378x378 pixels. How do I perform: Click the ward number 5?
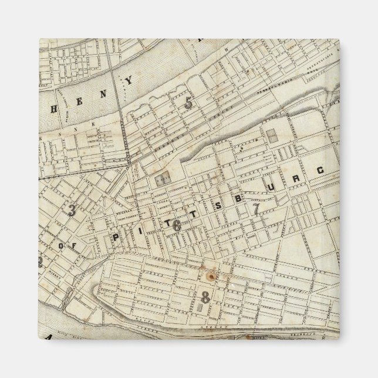188,104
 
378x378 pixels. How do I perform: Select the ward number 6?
177,226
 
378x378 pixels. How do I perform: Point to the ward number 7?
255,208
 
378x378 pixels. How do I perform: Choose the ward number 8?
205,297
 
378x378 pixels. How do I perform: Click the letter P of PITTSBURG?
115,238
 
